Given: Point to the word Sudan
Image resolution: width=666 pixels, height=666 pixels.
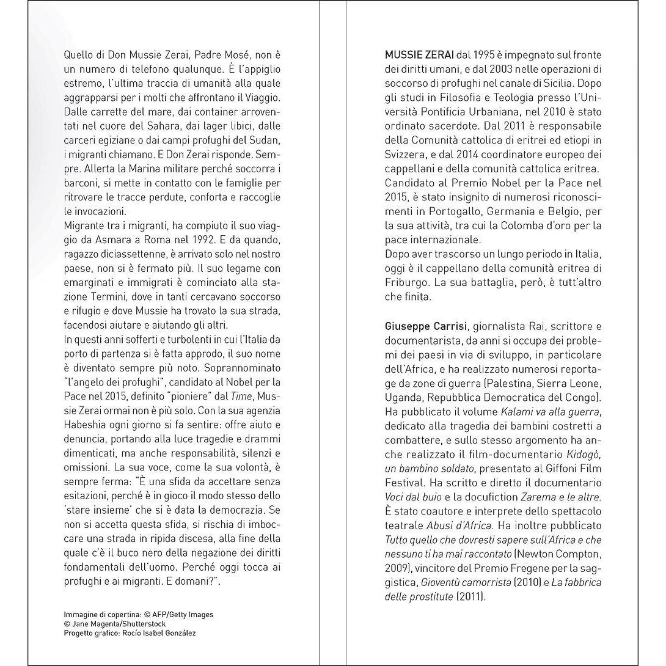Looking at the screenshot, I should (x=266, y=141).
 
